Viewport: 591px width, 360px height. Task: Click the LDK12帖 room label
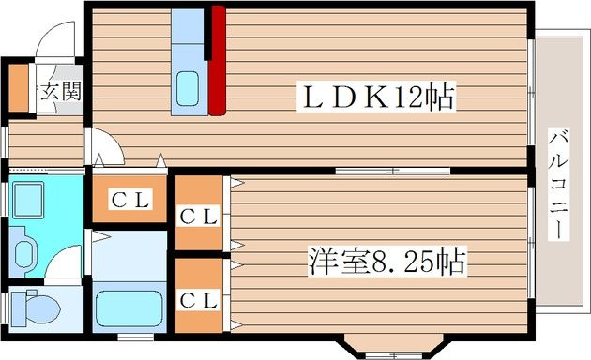click(375, 97)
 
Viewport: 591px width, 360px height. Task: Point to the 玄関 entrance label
click(60, 93)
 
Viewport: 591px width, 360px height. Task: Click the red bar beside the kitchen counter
click(217, 59)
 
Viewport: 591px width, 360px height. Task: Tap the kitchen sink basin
click(188, 90)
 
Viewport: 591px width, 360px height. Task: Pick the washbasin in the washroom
click(23, 248)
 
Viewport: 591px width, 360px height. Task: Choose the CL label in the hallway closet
click(130, 199)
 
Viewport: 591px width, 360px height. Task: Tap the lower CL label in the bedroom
click(199, 300)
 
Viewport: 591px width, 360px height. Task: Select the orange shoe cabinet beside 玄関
click(18, 86)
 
